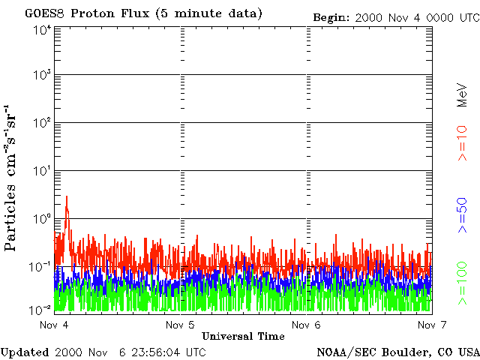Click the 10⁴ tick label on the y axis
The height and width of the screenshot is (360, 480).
point(42,32)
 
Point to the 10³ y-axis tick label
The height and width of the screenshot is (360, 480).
point(42,75)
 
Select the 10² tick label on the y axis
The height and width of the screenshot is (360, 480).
point(42,123)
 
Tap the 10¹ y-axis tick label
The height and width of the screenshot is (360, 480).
point(42,171)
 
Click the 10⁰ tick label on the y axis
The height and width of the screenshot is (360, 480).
point(42,218)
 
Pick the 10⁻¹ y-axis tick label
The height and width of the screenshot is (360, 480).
point(40,267)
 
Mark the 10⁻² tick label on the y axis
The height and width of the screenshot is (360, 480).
point(40,310)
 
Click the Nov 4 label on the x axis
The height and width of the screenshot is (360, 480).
point(54,325)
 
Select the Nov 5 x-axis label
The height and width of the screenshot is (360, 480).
point(180,325)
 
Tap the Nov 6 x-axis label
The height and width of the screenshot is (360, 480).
point(306,325)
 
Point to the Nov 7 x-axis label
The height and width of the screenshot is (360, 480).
point(432,325)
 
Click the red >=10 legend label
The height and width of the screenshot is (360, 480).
point(463,143)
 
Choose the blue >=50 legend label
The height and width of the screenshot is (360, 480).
point(463,215)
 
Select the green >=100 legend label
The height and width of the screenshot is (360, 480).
point(463,283)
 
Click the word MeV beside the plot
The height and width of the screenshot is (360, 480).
point(463,95)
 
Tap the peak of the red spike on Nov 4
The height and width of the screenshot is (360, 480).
point(67,196)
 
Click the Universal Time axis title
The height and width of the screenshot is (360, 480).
point(243,336)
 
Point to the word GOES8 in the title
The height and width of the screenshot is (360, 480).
point(45,13)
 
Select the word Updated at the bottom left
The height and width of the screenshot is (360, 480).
point(25,352)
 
